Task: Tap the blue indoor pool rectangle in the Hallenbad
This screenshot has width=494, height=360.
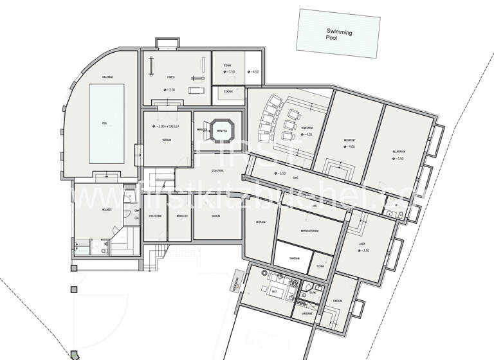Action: (x=106, y=124)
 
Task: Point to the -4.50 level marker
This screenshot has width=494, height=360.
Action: (x=254, y=72)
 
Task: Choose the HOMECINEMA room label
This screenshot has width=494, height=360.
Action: (x=306, y=128)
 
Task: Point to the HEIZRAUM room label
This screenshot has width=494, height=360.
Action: (x=261, y=221)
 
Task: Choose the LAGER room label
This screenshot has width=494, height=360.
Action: (x=362, y=244)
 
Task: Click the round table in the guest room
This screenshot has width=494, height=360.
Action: (x=265, y=273)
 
